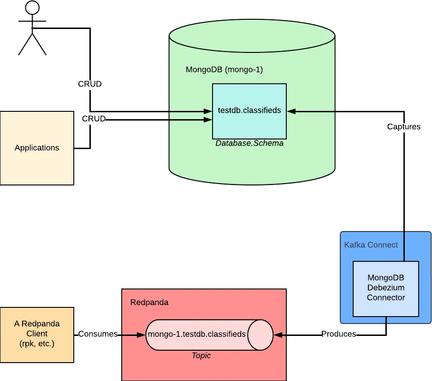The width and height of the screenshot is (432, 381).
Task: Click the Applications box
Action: (37, 148)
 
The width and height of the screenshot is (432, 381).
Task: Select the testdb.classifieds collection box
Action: (249, 111)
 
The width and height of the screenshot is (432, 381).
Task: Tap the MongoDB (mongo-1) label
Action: (224, 70)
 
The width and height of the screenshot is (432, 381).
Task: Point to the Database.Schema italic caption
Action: (249, 144)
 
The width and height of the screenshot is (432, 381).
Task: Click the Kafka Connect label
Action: (371, 245)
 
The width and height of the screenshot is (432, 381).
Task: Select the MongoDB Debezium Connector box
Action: (385, 289)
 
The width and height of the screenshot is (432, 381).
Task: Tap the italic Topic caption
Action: (201, 355)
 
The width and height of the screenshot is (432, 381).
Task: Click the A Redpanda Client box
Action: (37, 334)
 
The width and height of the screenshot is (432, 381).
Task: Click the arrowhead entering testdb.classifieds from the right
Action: (290, 111)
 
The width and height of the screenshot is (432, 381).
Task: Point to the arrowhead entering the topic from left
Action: (142, 335)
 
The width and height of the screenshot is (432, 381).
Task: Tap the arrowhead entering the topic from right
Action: (277, 335)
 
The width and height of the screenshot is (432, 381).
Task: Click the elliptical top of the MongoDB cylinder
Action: (252, 36)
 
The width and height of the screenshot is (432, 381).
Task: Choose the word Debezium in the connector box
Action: (385, 288)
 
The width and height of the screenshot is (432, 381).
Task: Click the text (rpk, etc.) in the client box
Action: (37, 343)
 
